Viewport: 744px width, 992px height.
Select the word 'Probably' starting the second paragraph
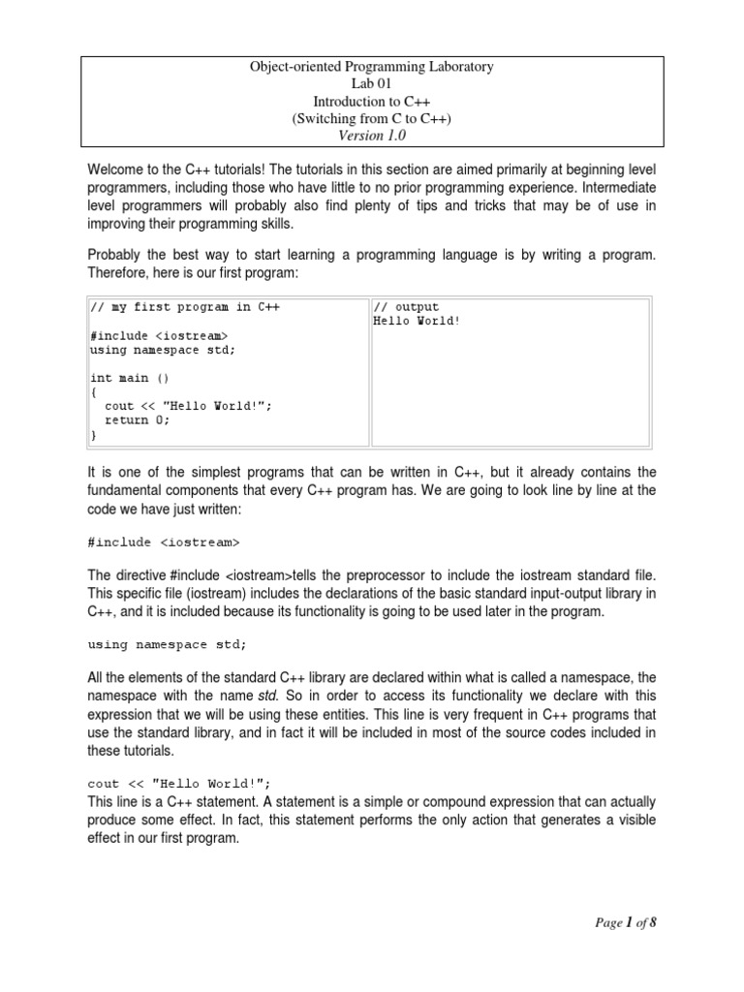[116, 253]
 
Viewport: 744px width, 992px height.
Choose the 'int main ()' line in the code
[130, 378]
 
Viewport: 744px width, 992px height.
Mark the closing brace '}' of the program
[93, 435]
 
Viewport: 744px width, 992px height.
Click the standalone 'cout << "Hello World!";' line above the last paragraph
[179, 784]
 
